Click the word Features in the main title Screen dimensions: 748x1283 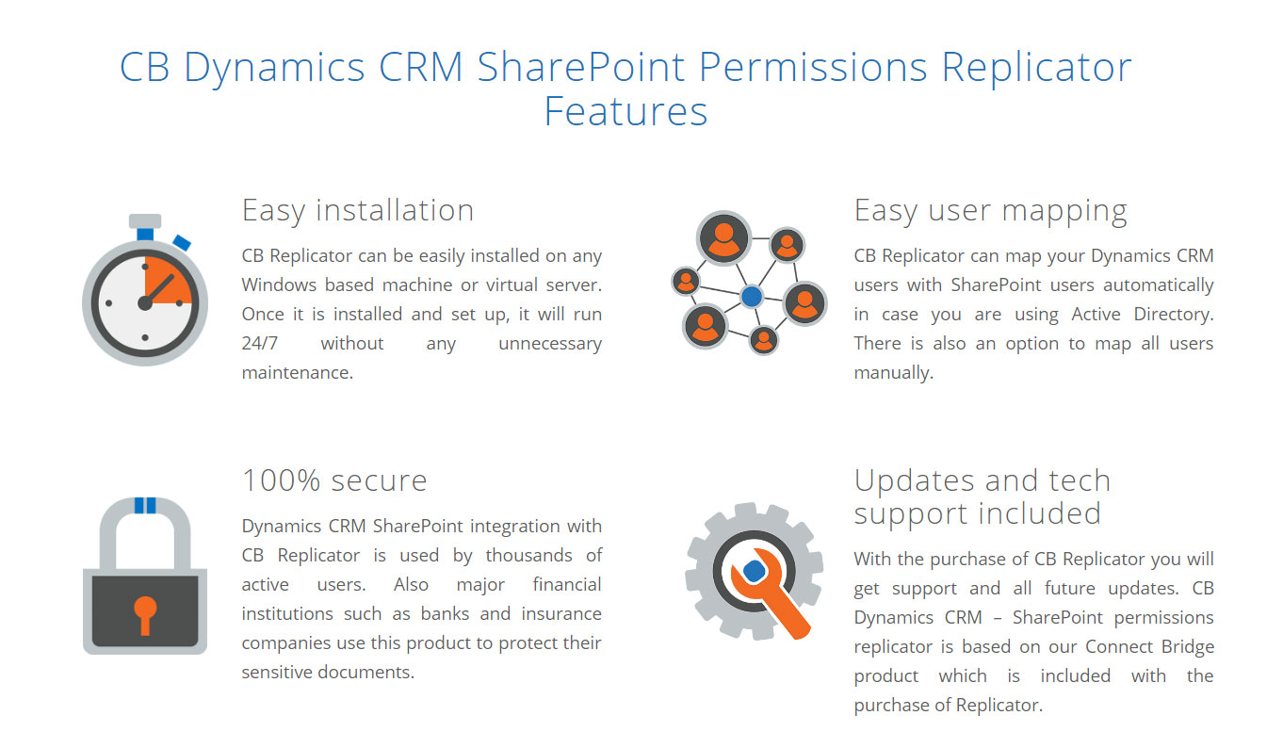coord(625,111)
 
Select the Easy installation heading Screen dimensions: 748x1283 coord(357,209)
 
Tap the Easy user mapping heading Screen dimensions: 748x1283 coord(990,210)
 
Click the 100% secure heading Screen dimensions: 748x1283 coord(334,480)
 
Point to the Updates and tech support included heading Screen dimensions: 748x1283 coord(982,496)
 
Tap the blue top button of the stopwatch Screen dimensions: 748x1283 coord(145,232)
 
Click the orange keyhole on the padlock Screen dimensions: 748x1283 coord(144,612)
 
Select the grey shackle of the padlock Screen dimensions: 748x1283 coord(144,528)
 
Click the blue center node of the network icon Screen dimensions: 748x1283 coord(751,297)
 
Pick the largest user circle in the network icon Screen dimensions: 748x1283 coord(723,237)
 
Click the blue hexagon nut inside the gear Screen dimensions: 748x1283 coord(753,571)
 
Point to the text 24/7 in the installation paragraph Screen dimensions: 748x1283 coord(254,343)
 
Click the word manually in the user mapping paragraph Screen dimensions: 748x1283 coord(892,373)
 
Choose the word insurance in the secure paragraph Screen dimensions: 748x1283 coord(560,613)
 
